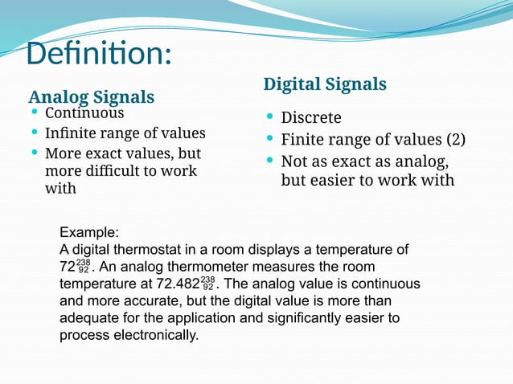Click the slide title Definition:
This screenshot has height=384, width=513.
tap(99, 54)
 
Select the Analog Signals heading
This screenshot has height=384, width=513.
tap(91, 97)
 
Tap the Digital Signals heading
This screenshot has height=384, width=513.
tap(325, 84)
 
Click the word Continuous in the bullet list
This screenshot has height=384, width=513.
tap(84, 112)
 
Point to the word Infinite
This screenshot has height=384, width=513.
tap(70, 133)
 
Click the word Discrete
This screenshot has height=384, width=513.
tap(311, 117)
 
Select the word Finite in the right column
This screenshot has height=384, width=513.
tap(302, 139)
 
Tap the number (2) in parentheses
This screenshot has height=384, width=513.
tap(456, 139)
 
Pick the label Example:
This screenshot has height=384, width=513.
tap(89, 232)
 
